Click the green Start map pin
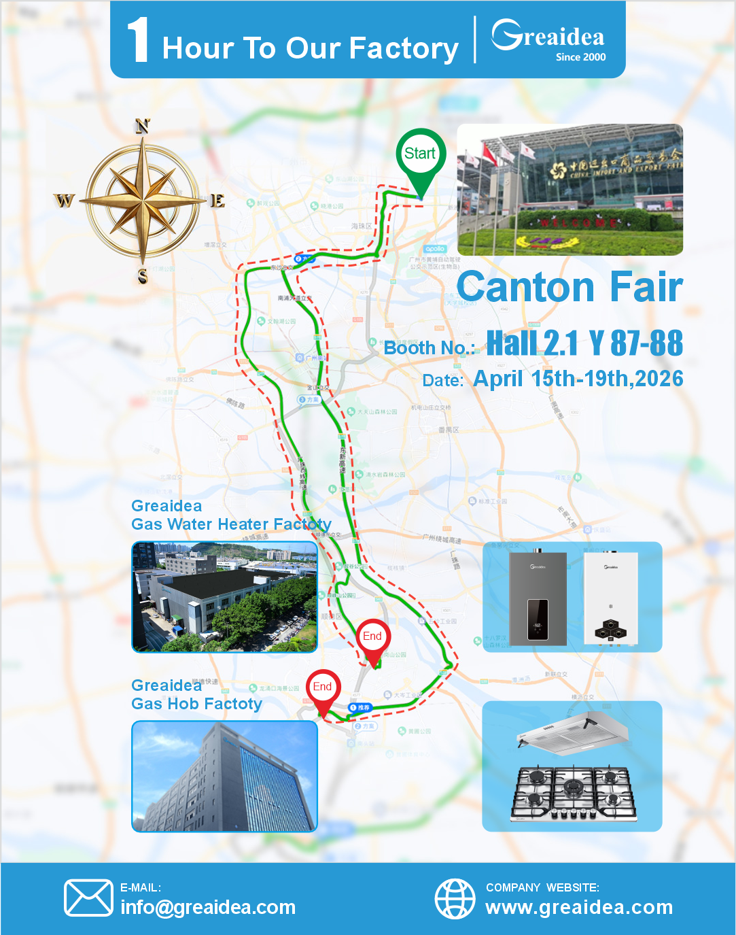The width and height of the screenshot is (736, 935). click(x=421, y=156)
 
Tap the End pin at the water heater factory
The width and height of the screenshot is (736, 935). click(x=372, y=638)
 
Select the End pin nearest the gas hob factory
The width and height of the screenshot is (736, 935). click(x=323, y=688)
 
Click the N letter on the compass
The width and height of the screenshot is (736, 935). click(x=143, y=126)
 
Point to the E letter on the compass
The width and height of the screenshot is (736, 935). click(x=217, y=201)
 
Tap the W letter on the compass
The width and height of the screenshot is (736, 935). click(x=64, y=201)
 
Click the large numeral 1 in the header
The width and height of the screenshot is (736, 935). click(x=138, y=40)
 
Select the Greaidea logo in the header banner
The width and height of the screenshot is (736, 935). click(x=548, y=35)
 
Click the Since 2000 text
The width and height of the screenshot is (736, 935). click(x=580, y=57)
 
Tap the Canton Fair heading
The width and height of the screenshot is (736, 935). click(x=569, y=287)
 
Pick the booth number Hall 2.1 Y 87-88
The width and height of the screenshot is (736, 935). click(x=584, y=343)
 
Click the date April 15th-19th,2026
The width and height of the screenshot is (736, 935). click(x=578, y=379)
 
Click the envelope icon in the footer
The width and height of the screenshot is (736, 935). click(x=88, y=898)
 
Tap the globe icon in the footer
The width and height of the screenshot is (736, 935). click(x=455, y=898)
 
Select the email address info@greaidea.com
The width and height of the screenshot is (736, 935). click(x=208, y=907)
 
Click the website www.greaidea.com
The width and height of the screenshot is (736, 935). click(x=579, y=907)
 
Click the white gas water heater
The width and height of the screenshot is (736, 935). click(x=611, y=597)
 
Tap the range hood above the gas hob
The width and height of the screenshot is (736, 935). click(x=572, y=734)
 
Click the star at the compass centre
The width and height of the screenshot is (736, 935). click(x=143, y=201)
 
